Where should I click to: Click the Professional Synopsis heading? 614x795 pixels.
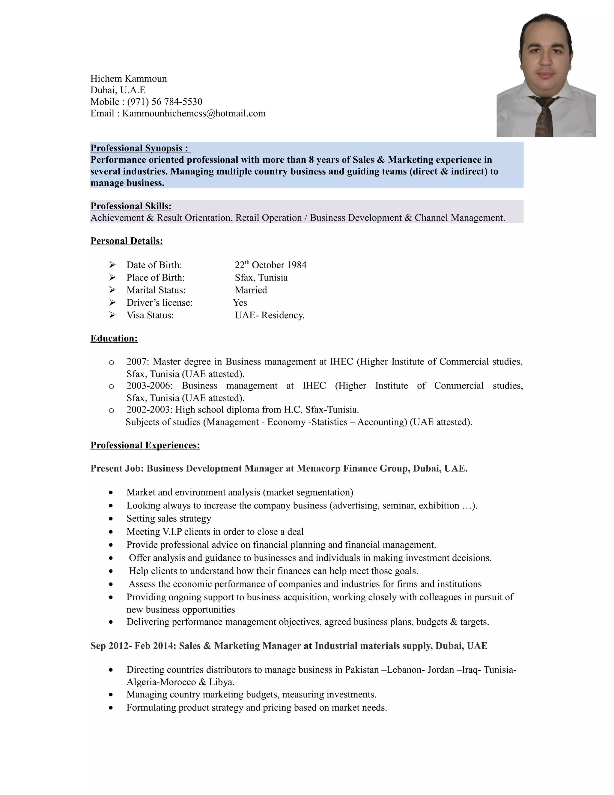(140, 148)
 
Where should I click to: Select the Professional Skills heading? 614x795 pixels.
(131, 206)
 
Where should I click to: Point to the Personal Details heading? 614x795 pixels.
(127, 241)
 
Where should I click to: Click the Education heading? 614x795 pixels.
(114, 338)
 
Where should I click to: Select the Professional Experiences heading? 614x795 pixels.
(145, 445)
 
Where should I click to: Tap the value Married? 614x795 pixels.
(251, 290)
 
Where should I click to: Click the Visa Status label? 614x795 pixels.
(150, 315)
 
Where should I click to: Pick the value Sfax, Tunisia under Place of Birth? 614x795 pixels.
(261, 278)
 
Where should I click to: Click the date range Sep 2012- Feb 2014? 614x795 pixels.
(133, 646)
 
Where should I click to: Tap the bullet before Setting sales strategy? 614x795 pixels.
(111, 519)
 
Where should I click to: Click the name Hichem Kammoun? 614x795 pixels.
(128, 79)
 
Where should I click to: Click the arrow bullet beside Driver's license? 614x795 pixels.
(112, 302)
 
